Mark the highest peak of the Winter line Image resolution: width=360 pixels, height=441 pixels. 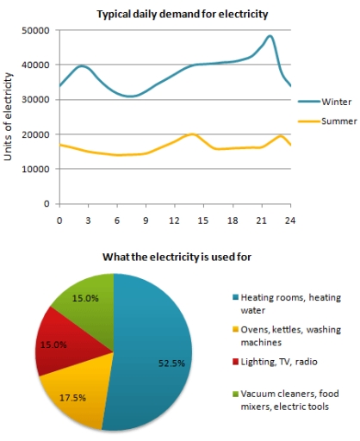[270, 36]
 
